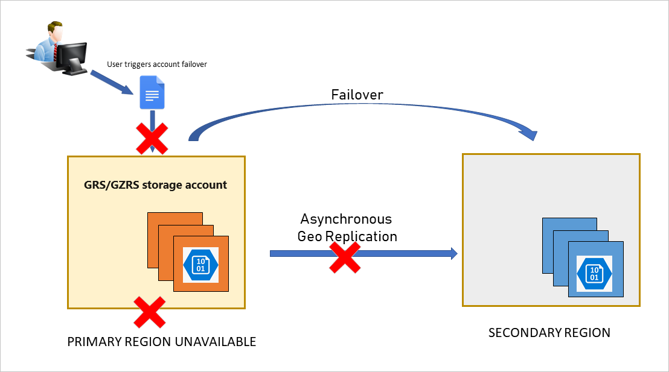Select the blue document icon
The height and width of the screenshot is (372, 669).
click(x=152, y=92)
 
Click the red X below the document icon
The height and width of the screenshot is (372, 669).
click(x=152, y=139)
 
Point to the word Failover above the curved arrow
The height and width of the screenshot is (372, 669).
click(x=357, y=95)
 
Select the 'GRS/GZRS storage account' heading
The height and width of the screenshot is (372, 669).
click(x=155, y=185)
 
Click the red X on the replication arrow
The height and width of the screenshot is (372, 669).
click(x=344, y=256)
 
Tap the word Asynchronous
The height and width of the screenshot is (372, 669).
click(x=346, y=219)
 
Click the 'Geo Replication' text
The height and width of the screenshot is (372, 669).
click(x=347, y=236)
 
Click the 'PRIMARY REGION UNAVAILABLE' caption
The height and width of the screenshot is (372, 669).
click(x=161, y=342)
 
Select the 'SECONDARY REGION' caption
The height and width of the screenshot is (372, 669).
click(x=549, y=333)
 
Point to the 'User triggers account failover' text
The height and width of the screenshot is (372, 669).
click(x=157, y=65)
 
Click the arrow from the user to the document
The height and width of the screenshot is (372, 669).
click(x=112, y=83)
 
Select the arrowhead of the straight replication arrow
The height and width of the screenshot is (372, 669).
click(x=453, y=253)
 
